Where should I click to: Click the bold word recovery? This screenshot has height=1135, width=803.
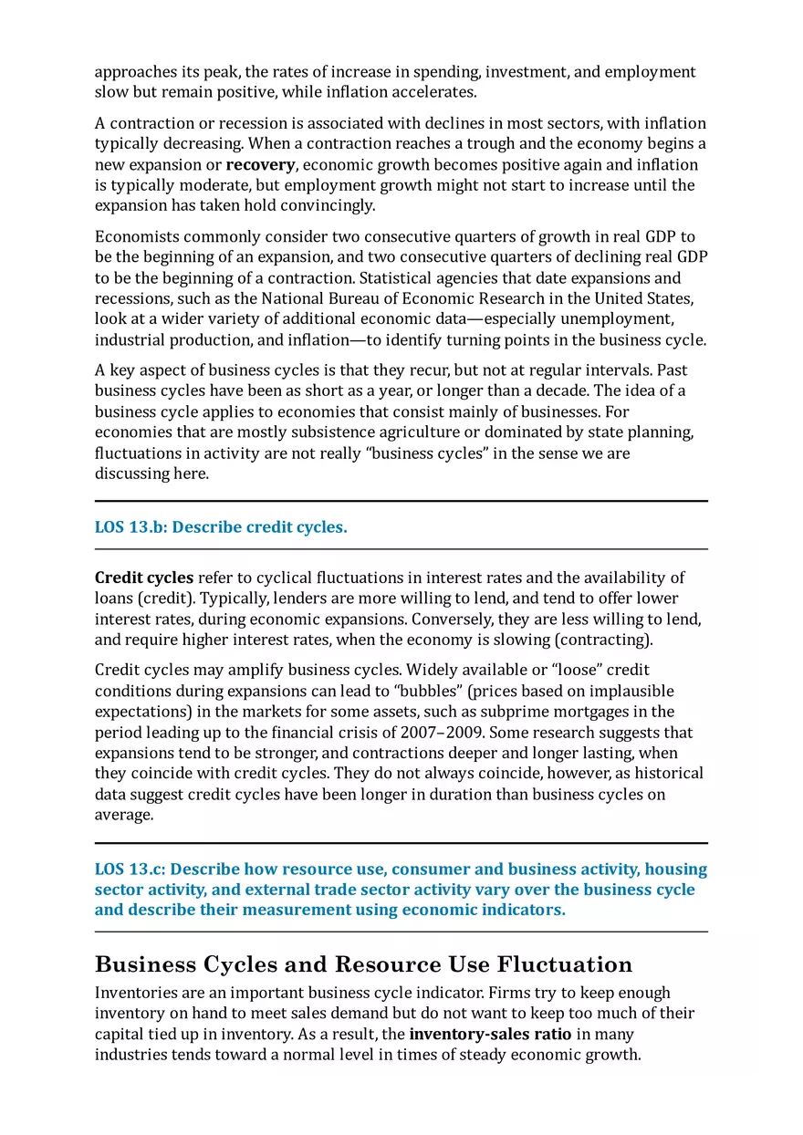point(260,165)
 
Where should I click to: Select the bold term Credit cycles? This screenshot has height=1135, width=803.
point(144,578)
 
